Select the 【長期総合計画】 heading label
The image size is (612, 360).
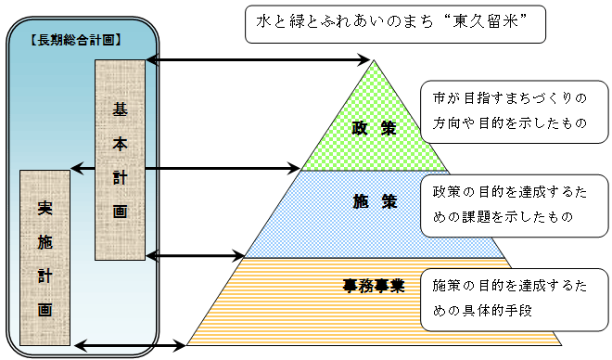click(76, 42)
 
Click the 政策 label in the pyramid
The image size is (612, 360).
click(375, 128)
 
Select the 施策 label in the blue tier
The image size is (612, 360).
click(375, 201)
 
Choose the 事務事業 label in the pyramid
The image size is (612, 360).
click(373, 285)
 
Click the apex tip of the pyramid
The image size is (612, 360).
click(375, 61)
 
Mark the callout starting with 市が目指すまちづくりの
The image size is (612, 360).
click(514, 109)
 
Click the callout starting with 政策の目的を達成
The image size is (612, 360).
click(514, 203)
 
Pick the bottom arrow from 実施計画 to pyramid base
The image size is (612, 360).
click(129, 346)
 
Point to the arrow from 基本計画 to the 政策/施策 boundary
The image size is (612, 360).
click(223, 169)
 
